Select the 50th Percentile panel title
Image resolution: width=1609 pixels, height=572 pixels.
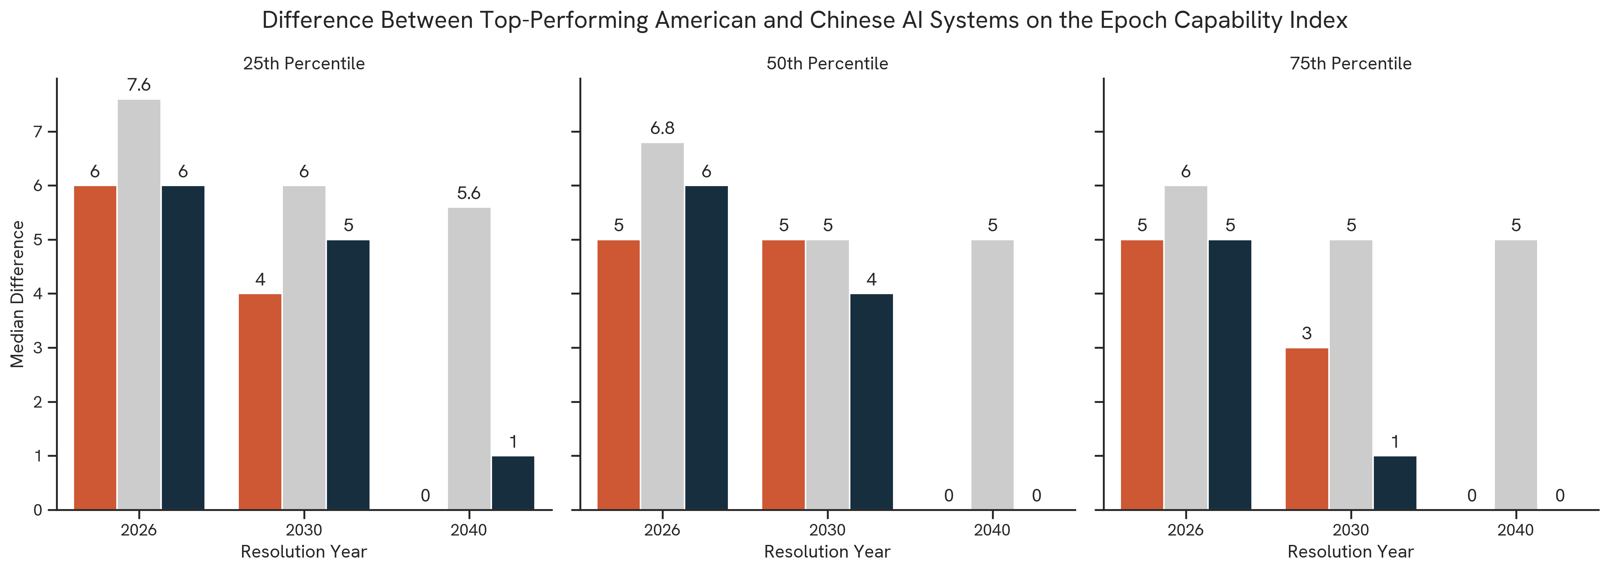(827, 64)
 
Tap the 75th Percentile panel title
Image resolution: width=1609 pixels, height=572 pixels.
(1350, 64)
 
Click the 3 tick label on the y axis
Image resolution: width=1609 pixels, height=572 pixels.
(38, 348)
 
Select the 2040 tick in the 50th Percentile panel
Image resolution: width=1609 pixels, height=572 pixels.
(992, 530)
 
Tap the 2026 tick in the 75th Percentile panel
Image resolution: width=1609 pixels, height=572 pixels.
(1186, 530)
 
